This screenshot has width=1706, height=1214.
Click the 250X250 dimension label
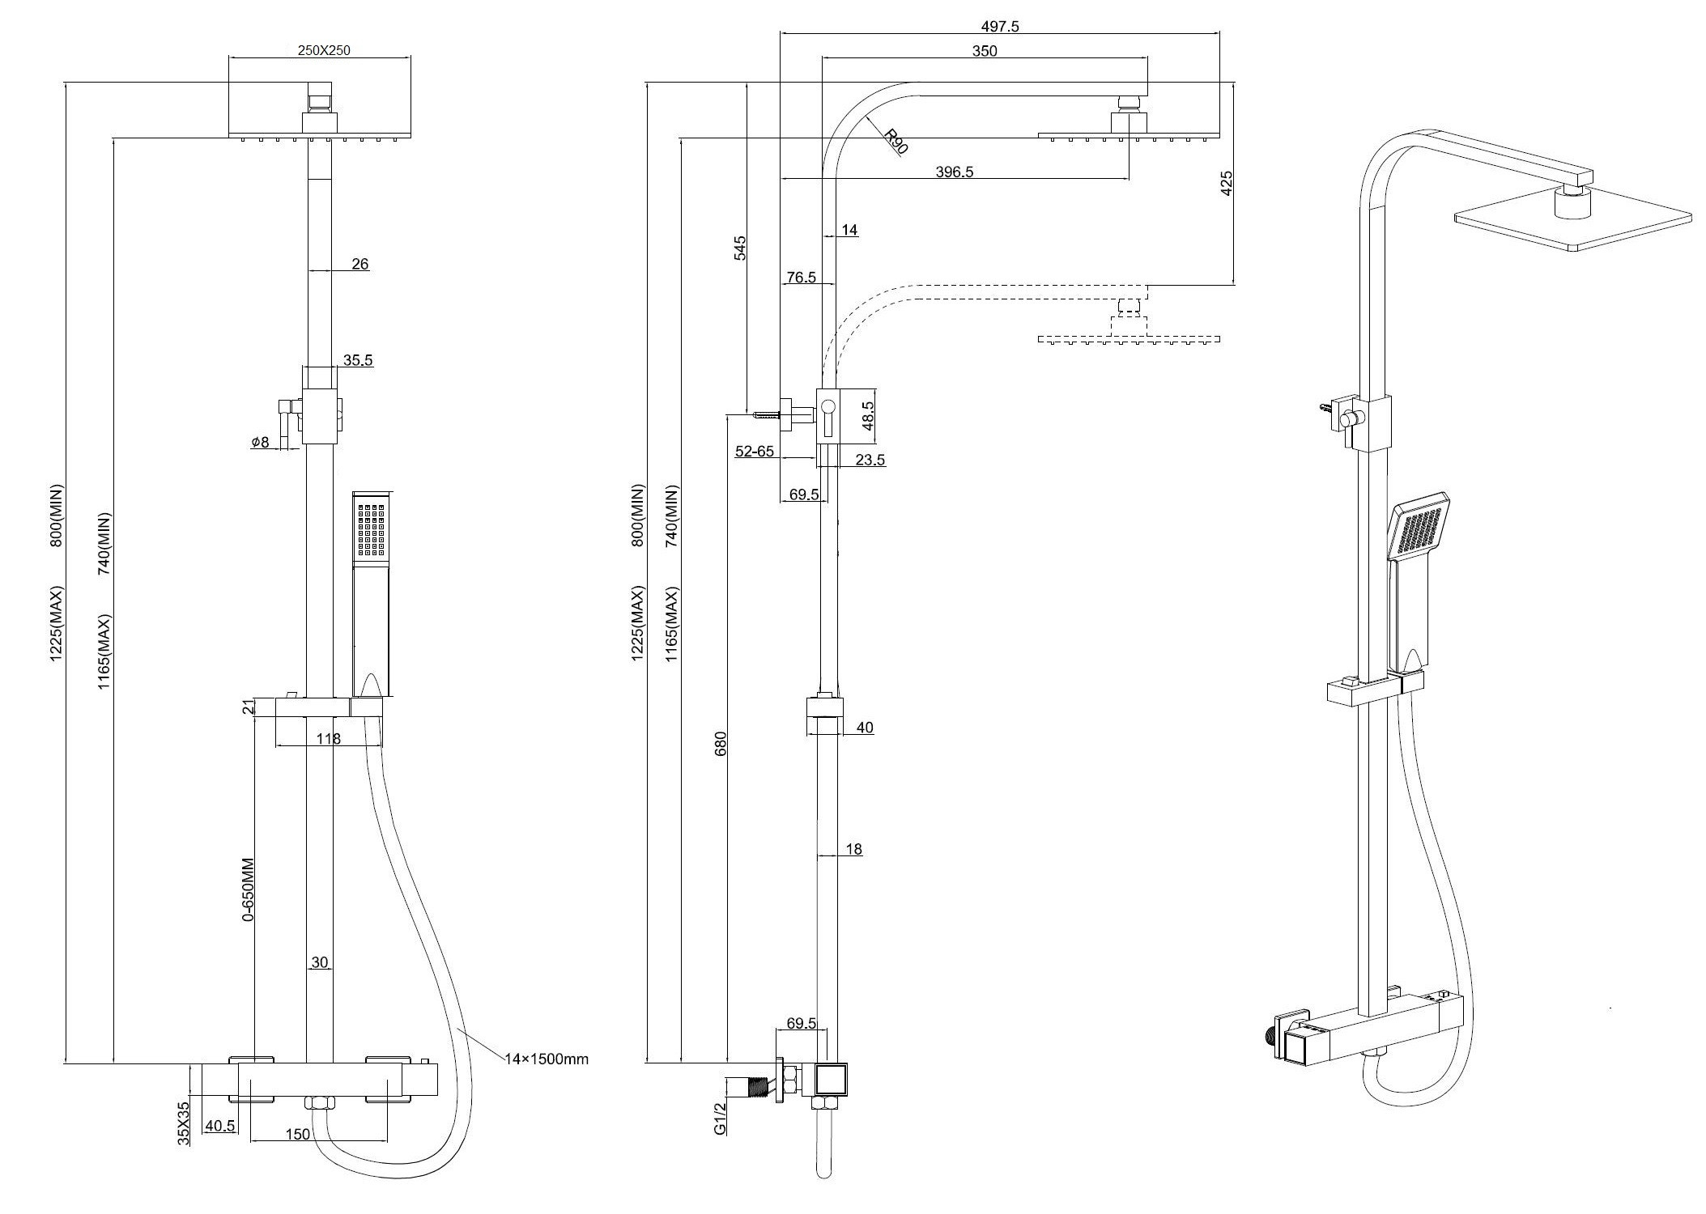(x=323, y=49)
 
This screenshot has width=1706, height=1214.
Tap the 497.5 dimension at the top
(x=1001, y=26)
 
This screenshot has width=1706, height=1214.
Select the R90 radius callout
(x=896, y=141)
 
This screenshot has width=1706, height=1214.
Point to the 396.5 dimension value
(x=955, y=172)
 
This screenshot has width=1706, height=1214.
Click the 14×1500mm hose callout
(x=547, y=1059)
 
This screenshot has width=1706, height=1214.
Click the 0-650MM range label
(x=249, y=889)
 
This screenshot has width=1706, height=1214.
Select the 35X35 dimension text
(x=185, y=1122)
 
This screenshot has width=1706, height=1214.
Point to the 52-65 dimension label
(x=754, y=452)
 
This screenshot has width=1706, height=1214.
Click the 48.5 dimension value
(x=868, y=416)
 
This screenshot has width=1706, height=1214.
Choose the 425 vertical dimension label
(x=1226, y=183)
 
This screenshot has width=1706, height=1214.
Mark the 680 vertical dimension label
(x=721, y=743)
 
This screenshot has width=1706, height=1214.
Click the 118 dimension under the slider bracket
(x=329, y=738)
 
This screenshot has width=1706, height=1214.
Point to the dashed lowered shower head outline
(x=1129, y=337)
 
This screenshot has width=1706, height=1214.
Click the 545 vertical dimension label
(x=740, y=248)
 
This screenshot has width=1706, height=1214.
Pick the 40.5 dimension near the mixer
(x=220, y=1126)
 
